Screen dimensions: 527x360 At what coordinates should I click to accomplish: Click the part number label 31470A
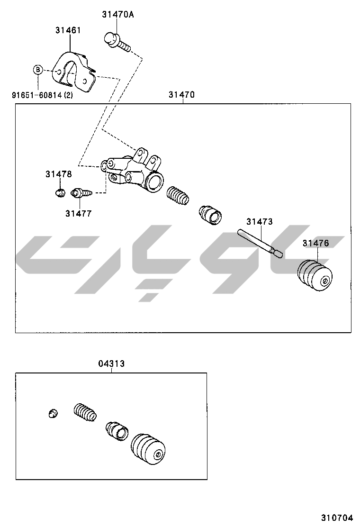(x=118, y=14)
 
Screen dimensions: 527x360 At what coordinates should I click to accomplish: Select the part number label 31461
(x=68, y=30)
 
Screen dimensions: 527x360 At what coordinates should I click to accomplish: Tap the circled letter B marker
(x=37, y=71)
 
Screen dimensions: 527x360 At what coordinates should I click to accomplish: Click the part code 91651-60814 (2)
(x=42, y=95)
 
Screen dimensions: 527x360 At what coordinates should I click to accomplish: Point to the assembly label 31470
(x=181, y=95)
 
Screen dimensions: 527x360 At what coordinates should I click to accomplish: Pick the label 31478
(x=59, y=174)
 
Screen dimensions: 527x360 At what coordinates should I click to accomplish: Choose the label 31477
(x=79, y=213)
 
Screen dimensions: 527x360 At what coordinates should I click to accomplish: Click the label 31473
(x=259, y=221)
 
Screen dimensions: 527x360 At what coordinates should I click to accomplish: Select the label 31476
(x=316, y=244)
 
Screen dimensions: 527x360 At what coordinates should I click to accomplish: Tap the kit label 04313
(x=111, y=363)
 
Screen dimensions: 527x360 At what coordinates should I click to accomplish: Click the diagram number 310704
(x=335, y=518)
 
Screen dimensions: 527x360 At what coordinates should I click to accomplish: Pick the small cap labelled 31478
(x=59, y=192)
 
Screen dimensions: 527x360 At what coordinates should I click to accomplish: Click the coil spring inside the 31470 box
(x=178, y=196)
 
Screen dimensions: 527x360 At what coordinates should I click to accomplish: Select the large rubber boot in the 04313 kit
(x=148, y=450)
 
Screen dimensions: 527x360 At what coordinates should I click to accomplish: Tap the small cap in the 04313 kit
(x=54, y=413)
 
